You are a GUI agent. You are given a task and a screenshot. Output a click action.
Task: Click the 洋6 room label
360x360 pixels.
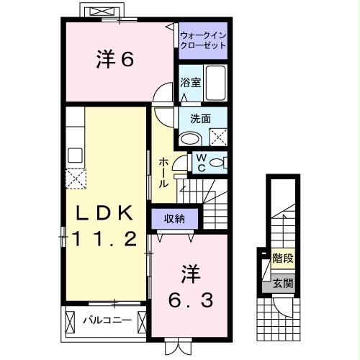click(115, 60)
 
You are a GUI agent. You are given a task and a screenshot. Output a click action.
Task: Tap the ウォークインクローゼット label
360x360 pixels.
click(202, 40)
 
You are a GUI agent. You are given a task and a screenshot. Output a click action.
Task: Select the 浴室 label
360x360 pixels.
click(191, 82)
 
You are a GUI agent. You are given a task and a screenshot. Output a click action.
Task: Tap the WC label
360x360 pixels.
click(201, 163)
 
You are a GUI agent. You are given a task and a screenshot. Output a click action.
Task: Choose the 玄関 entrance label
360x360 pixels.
click(282, 282)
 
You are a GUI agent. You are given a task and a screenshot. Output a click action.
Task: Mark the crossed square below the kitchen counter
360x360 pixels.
click(75, 177)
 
